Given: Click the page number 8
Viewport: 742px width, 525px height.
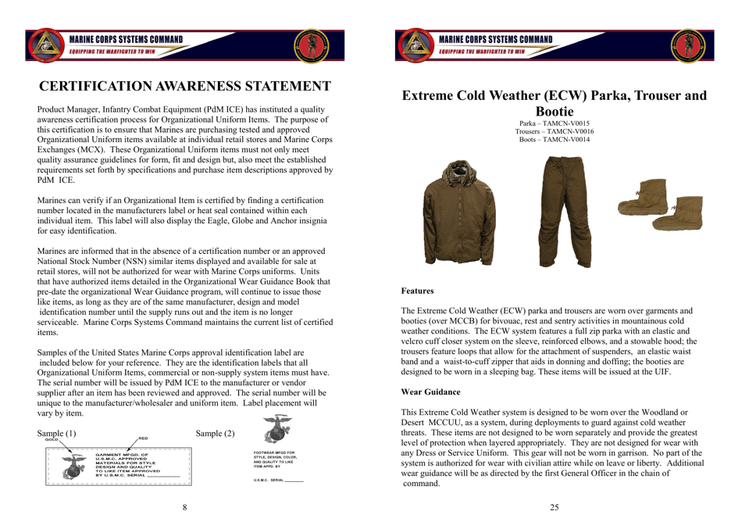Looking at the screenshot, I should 185,508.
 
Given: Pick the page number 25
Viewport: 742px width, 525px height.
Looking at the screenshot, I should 555,508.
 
